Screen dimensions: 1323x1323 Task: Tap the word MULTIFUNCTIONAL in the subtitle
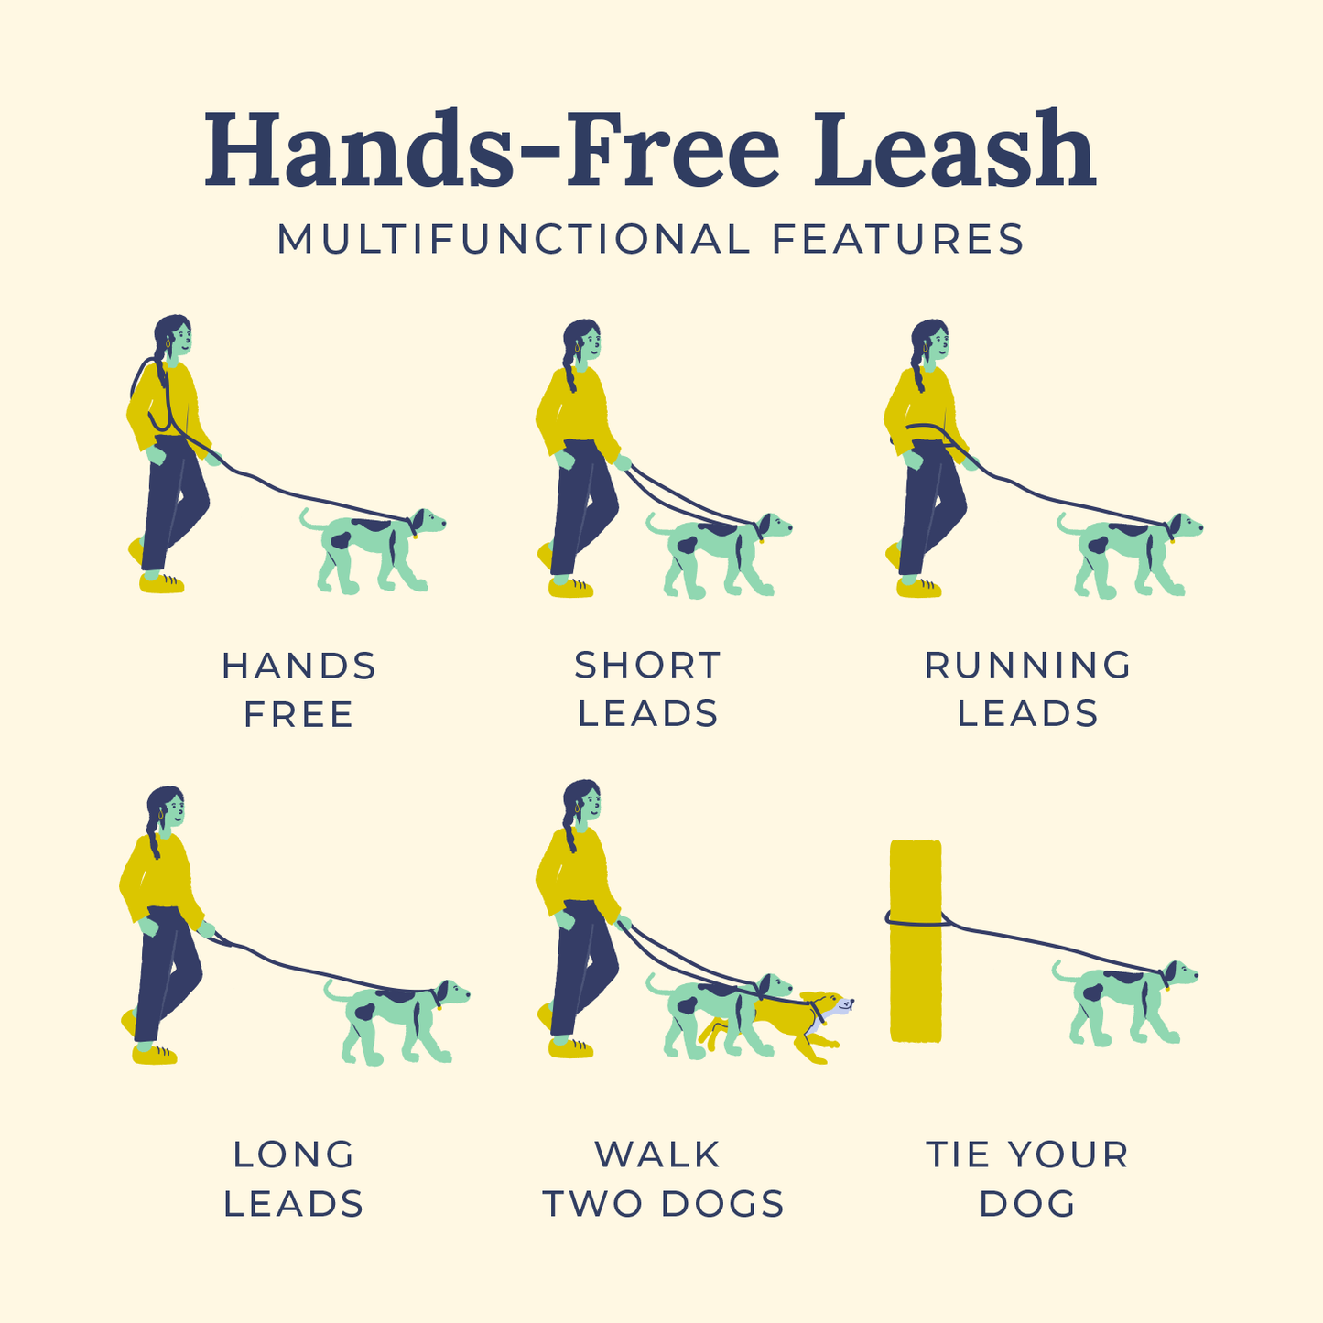pos(513,240)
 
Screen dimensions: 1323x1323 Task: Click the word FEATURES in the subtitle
pos(897,240)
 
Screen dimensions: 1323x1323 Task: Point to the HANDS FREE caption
pos(298,689)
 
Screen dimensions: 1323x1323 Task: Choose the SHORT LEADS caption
pos(648,689)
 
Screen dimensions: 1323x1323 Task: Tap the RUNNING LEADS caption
pos(1028,689)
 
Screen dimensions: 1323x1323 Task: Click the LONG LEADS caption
pos(294,1178)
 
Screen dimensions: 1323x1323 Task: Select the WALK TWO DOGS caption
pos(663,1178)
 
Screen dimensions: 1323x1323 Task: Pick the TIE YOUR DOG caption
pos(1027,1178)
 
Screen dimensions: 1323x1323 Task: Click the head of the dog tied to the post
pos(1180,974)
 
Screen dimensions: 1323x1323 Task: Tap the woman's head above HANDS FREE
pos(174,337)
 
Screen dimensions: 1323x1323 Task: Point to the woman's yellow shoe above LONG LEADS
pos(154,1055)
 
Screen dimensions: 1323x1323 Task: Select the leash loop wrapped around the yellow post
pos(916,919)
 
